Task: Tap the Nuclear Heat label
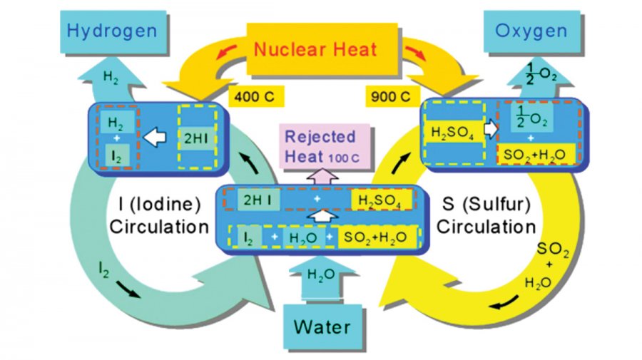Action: click(316, 50)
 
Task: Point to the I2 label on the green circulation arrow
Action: click(105, 269)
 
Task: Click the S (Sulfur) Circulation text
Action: click(486, 215)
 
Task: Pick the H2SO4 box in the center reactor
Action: click(380, 201)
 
